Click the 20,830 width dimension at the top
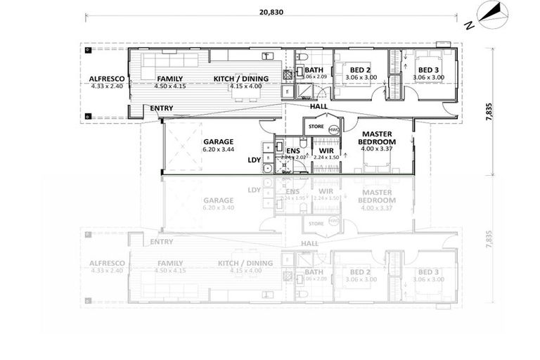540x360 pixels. coord(270,11)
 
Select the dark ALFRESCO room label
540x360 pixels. coord(107,79)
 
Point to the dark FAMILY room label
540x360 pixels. coord(170,79)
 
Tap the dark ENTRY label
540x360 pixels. coord(162,108)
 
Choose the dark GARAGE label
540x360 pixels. coord(218,141)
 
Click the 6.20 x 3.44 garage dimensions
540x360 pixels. coord(218,149)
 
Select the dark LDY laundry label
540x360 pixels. coord(254,160)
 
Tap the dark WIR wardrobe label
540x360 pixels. coord(326,150)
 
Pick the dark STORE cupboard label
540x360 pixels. coord(314,127)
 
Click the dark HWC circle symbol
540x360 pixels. coord(333,127)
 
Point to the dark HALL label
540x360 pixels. coord(319,106)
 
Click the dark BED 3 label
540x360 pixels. coord(427,70)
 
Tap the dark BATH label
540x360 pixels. coord(314,70)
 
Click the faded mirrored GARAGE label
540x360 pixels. coord(218,200)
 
